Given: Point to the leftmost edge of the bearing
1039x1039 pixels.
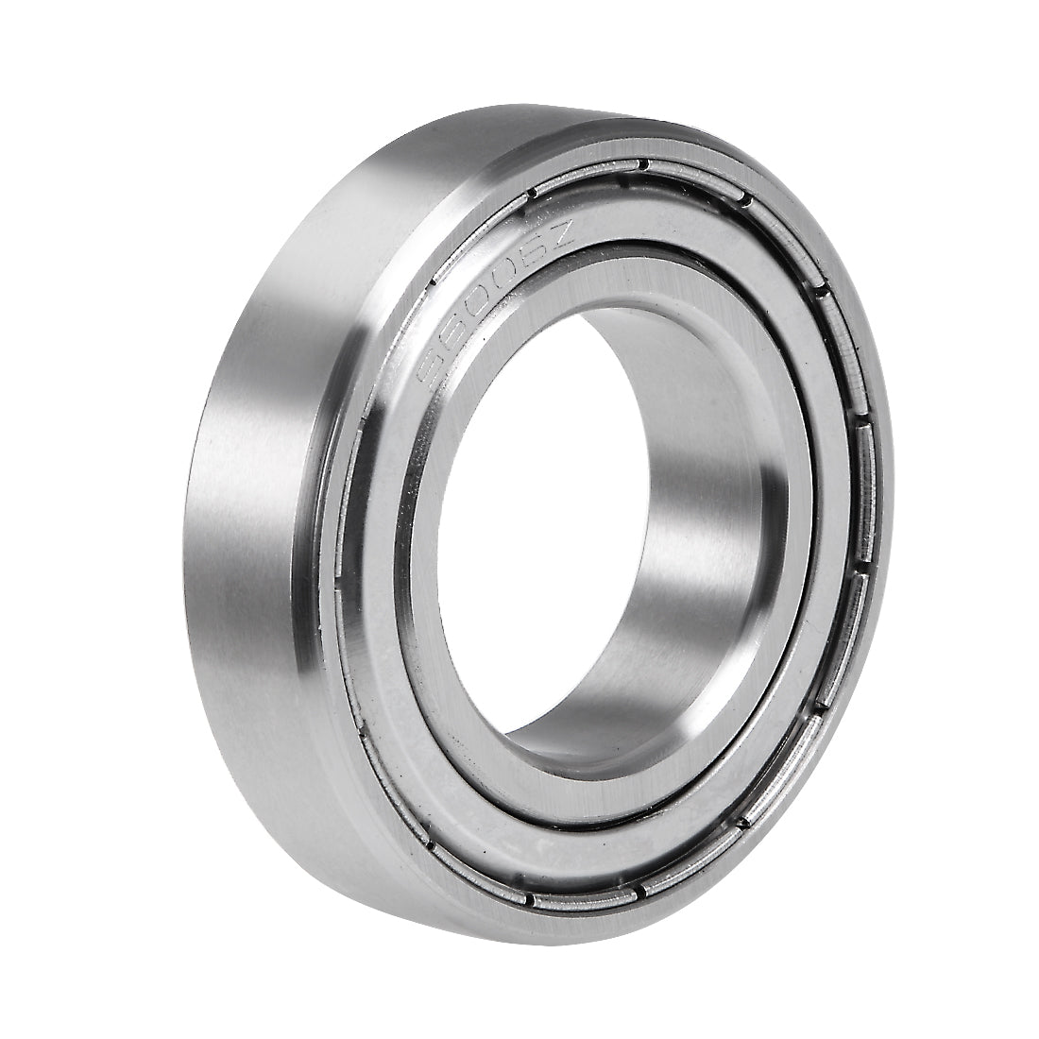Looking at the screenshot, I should pos(196,529).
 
